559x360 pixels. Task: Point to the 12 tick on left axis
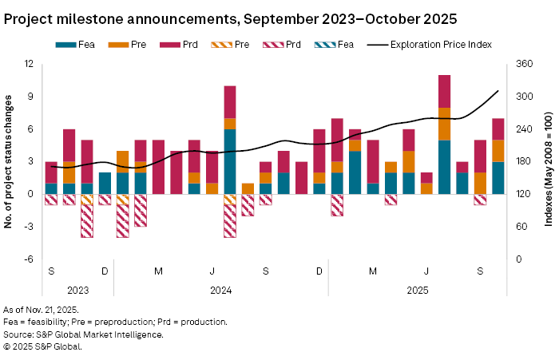click(x=28, y=64)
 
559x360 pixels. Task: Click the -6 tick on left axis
click(x=27, y=259)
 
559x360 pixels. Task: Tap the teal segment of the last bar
click(x=498, y=177)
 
